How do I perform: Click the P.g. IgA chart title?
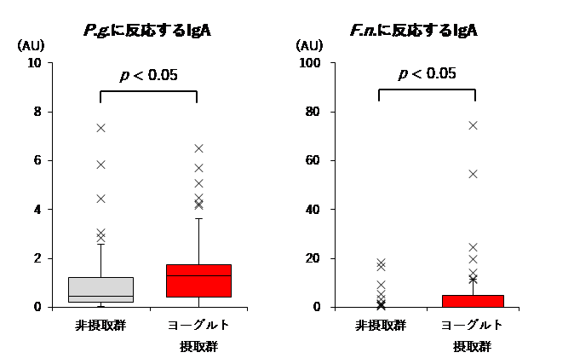pos(147,32)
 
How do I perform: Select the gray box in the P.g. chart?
pos(100,290)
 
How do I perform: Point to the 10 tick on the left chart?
pos(35,63)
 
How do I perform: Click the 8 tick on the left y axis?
pos(38,112)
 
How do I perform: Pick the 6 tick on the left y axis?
pos(38,160)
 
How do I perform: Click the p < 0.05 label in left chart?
pos(148,75)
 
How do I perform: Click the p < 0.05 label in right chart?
pos(427,73)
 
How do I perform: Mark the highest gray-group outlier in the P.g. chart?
pos(100,128)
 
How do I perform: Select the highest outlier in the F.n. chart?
pos(473,125)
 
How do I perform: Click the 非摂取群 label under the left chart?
pos(100,326)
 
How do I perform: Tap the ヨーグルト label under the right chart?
pos(472,326)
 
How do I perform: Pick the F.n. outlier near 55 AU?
pos(473,174)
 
